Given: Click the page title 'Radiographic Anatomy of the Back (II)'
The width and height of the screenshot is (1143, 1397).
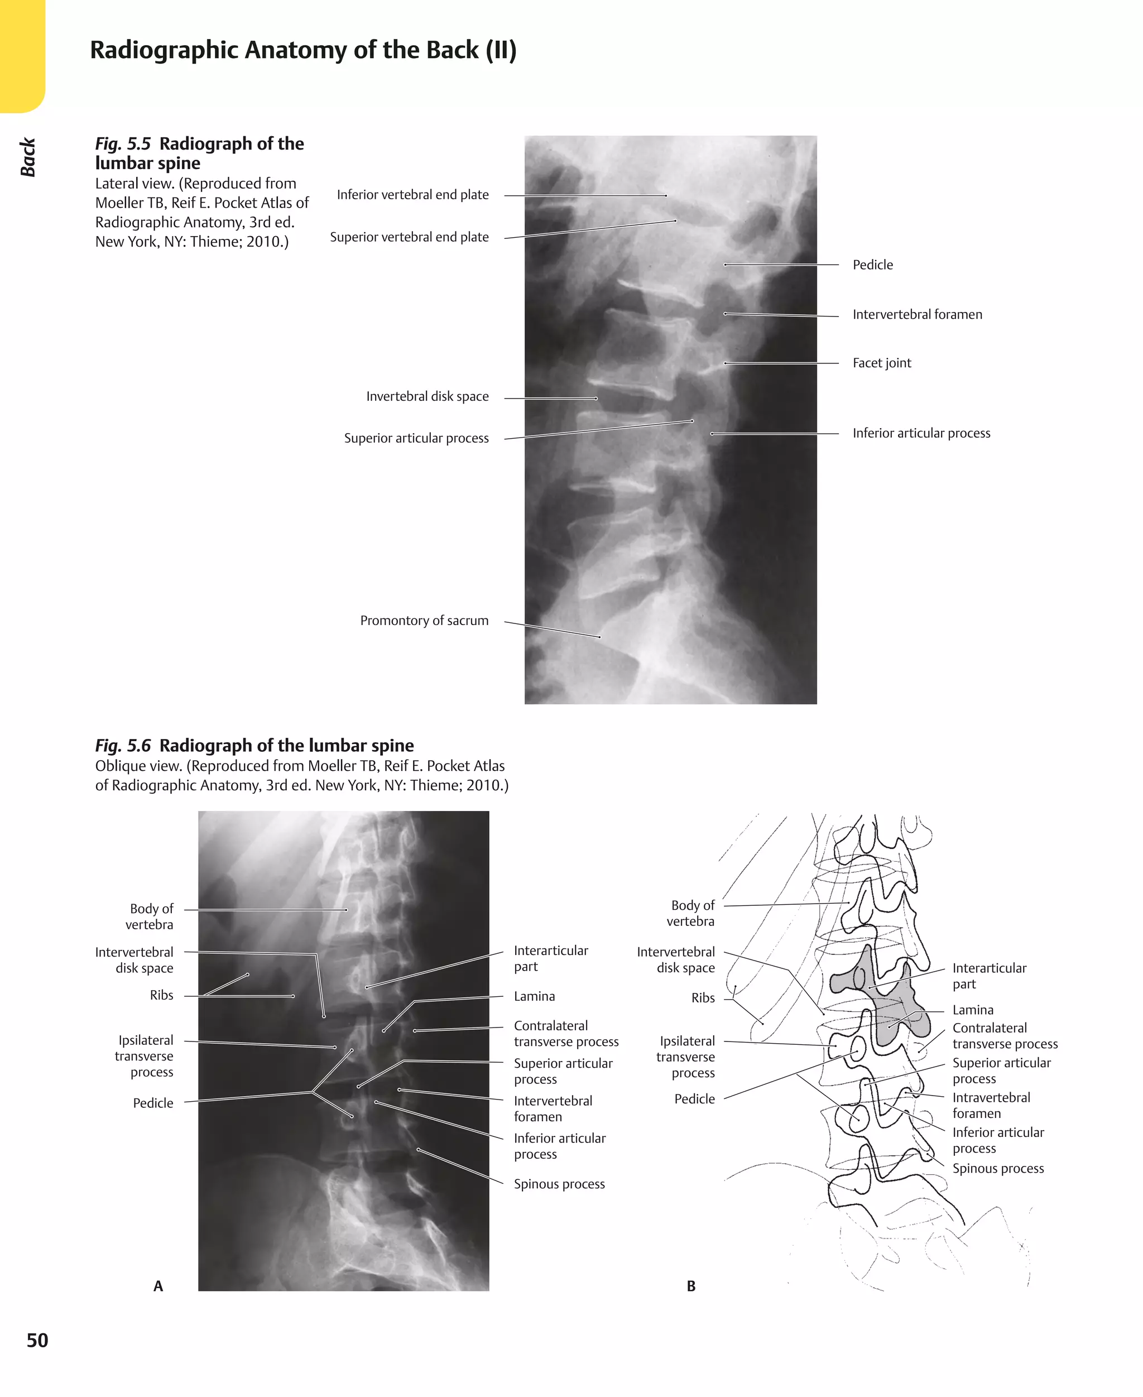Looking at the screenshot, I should (303, 51).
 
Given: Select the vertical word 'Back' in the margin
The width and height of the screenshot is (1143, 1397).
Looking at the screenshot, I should (28, 157).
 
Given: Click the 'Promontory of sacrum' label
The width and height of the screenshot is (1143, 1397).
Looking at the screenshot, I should (424, 620).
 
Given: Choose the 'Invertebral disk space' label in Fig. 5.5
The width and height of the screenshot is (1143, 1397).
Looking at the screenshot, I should (428, 396).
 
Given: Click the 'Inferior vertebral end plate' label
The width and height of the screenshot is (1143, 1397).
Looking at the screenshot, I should (412, 195).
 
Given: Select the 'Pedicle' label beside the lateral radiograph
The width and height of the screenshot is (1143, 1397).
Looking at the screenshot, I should (872, 265).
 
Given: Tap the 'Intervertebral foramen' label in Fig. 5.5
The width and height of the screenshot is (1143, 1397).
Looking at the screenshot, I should (916, 315).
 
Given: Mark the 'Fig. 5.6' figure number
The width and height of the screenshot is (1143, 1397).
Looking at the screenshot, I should (122, 745).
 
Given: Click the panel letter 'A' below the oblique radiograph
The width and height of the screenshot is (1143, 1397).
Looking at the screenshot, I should (158, 1286).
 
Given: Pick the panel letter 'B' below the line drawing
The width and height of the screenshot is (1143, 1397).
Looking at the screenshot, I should (691, 1286).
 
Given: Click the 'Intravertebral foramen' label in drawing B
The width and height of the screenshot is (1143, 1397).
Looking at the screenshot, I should (990, 1105).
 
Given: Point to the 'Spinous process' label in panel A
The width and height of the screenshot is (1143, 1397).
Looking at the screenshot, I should (559, 1184).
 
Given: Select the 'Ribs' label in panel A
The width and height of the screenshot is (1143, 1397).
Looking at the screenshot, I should (161, 995).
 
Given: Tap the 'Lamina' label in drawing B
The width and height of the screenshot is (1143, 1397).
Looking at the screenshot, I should (972, 1010).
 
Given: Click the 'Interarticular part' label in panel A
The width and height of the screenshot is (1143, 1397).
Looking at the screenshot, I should (550, 958).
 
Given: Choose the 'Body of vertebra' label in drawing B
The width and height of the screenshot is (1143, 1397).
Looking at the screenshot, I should (691, 913).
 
